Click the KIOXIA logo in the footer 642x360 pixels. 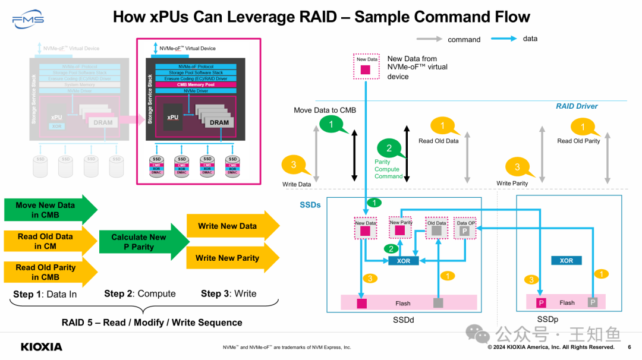(41, 346)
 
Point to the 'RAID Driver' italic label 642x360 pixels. (577, 106)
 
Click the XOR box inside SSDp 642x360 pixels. (566, 260)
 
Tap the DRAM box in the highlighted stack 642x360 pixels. (219, 122)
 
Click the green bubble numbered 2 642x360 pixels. (389, 149)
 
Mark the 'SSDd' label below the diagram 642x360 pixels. (403, 320)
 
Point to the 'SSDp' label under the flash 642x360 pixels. (547, 320)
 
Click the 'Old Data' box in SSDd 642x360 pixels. (437, 228)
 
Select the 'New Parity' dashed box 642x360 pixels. (400, 227)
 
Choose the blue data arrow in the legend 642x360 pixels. (505, 39)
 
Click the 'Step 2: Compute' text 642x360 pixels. (140, 293)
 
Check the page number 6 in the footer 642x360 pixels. (630, 347)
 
